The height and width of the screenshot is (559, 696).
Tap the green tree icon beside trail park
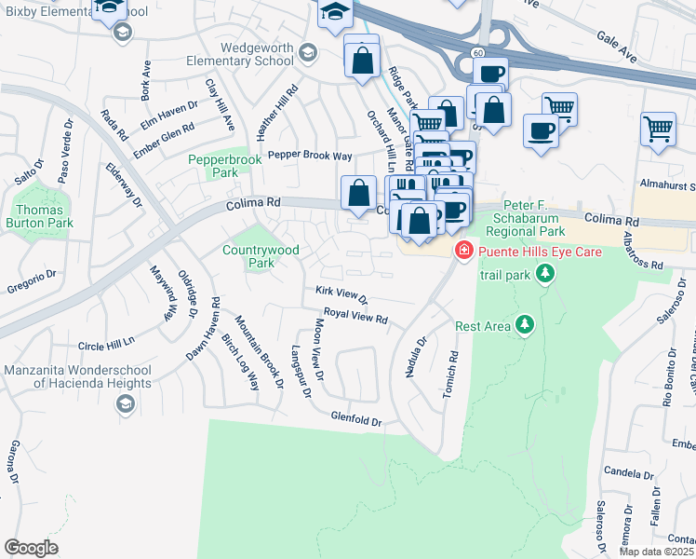(544, 275)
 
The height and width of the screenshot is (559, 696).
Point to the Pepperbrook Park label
(225, 166)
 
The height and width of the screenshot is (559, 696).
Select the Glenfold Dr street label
(357, 421)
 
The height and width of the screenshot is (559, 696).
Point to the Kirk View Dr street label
(341, 295)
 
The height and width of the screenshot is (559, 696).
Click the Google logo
(31, 548)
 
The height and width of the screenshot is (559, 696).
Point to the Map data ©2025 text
(656, 552)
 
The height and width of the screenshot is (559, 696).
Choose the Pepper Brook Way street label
(310, 157)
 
